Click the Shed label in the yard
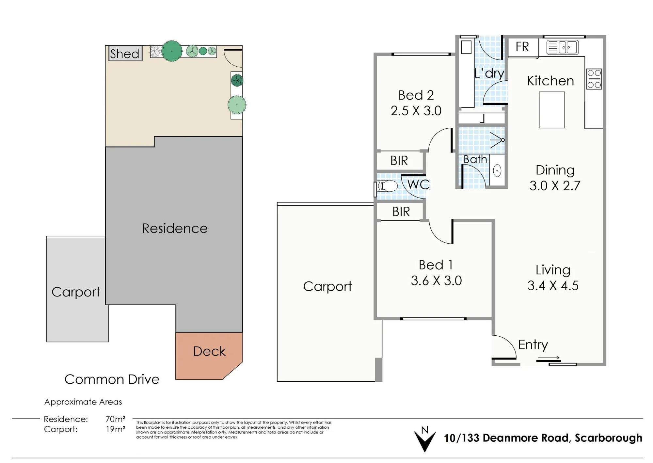click(125, 54)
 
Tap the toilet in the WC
click(386, 187)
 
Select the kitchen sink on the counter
click(562, 47)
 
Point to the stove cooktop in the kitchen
click(594, 79)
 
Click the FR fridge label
click(522, 47)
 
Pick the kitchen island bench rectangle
click(552, 110)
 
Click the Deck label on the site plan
click(209, 351)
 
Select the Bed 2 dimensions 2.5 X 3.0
click(416, 111)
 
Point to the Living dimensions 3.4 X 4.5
click(553, 285)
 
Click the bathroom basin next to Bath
click(497, 170)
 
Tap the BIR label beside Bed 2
click(399, 161)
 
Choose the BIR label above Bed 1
click(401, 212)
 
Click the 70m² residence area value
click(116, 419)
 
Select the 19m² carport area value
click(116, 429)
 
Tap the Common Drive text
click(112, 379)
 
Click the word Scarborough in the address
click(608, 438)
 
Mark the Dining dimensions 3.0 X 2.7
click(555, 185)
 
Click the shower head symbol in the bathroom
click(498, 140)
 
